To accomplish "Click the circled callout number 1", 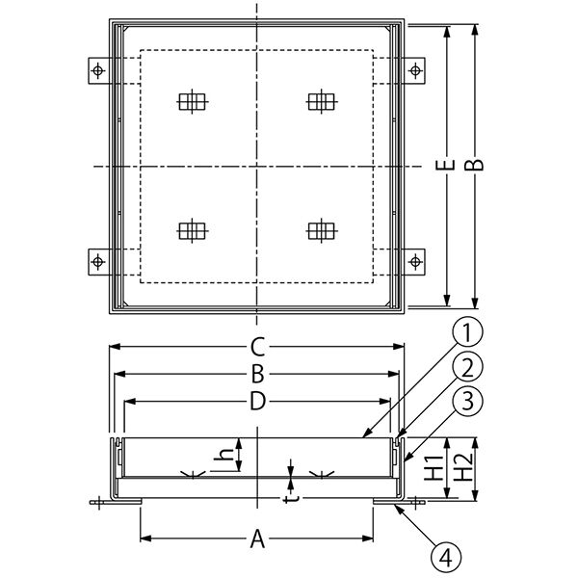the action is click(x=467, y=332).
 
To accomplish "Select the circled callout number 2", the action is click(x=467, y=367).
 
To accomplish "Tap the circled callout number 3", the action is click(x=467, y=401).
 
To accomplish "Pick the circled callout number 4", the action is click(x=446, y=558).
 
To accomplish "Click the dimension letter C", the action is click(x=257, y=347).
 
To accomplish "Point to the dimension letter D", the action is click(x=257, y=401).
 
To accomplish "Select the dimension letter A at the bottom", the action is click(x=257, y=539).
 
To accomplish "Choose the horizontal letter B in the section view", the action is click(x=257, y=374).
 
